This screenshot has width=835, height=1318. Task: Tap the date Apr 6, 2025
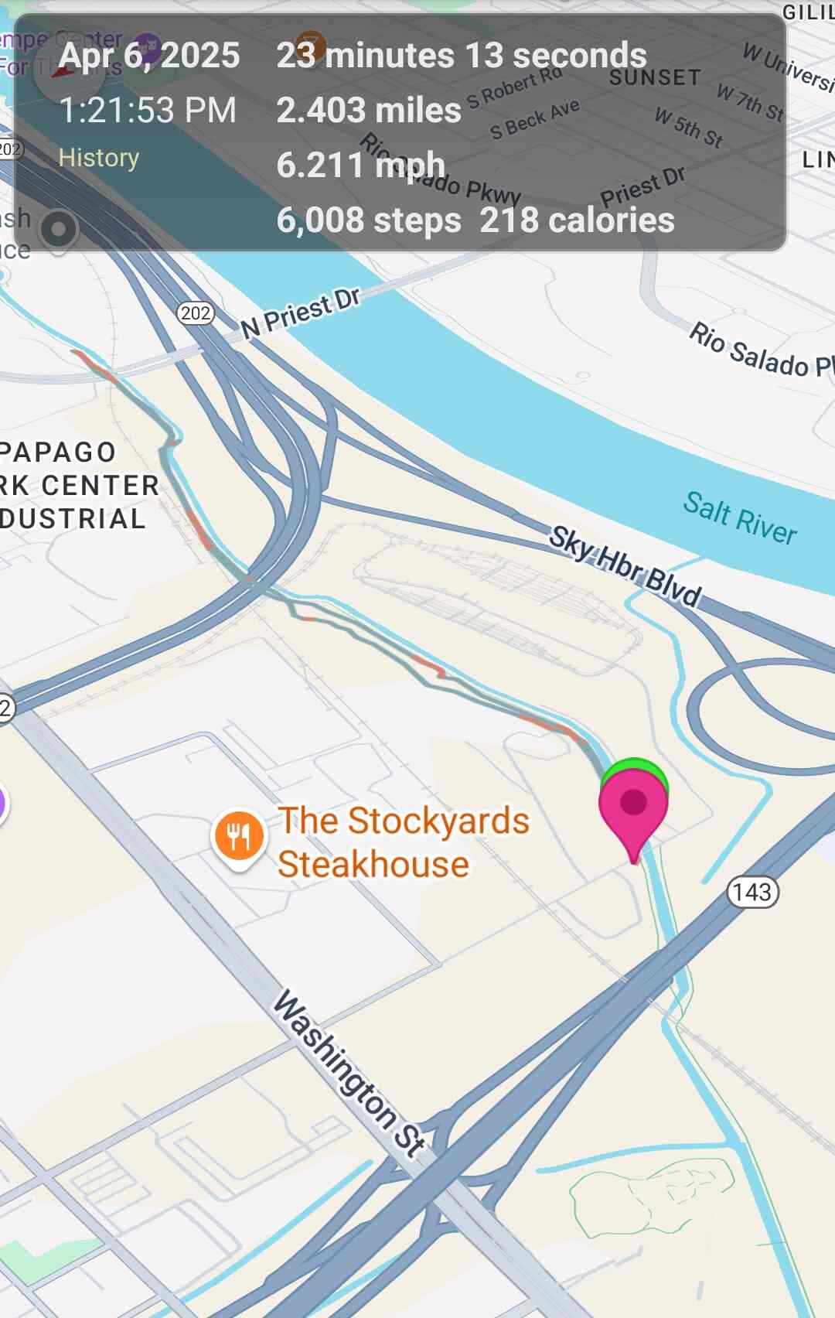coord(149,56)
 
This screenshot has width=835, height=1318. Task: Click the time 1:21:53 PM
coord(148,111)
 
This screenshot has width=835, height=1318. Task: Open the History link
coord(99,158)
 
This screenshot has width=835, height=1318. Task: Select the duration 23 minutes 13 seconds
coord(462,56)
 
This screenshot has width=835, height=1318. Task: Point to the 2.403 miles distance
coord(369,111)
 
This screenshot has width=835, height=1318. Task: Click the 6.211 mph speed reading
coord(361,166)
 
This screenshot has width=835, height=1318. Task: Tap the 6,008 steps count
coord(369,220)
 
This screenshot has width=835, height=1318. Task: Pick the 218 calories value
coord(577,220)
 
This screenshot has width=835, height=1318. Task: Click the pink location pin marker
coord(633,808)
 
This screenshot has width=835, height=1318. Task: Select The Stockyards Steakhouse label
coord(402,842)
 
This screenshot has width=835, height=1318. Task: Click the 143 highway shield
coord(752,893)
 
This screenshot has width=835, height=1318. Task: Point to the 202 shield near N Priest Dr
coord(196,313)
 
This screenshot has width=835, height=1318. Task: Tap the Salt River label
coord(740,517)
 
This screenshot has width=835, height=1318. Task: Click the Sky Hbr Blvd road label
coord(625,566)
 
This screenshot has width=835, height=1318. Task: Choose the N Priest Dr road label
coord(301,313)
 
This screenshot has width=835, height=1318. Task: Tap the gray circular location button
coord(58,229)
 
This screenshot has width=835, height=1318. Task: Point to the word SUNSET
coord(654,78)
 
